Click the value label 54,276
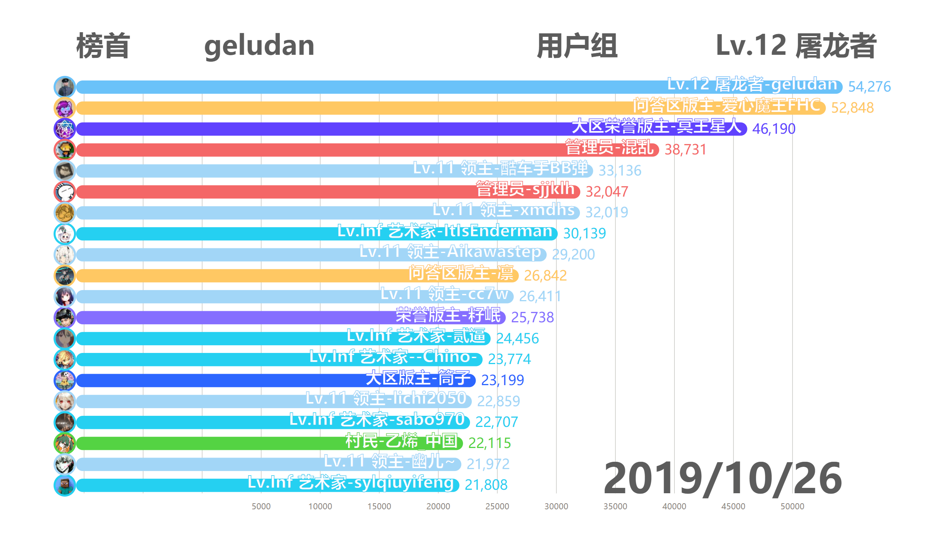[x=869, y=87]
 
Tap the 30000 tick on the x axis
[x=556, y=506]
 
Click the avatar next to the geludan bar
[x=64, y=87]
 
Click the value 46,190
[x=773, y=129]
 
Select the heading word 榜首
[x=103, y=46]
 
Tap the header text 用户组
[x=577, y=46]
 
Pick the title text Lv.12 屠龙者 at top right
[x=796, y=46]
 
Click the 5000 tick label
[x=261, y=506]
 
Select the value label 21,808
[x=486, y=485]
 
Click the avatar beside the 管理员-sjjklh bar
[x=64, y=192]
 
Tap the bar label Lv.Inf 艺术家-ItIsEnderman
[x=445, y=231]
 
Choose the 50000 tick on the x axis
[x=792, y=506]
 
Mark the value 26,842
[x=545, y=276]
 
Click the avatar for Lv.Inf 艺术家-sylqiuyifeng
[x=64, y=485]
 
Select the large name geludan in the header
[x=259, y=46]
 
